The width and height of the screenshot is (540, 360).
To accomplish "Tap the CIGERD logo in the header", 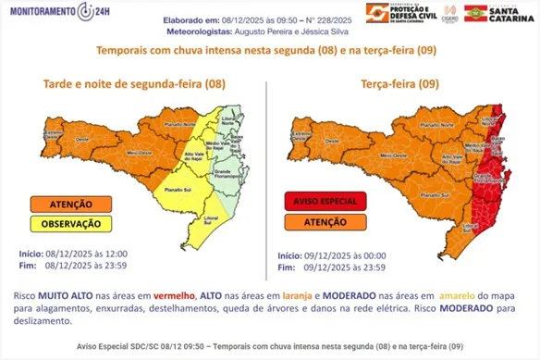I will click(x=451, y=13).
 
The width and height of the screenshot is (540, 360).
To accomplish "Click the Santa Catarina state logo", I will click(x=499, y=12).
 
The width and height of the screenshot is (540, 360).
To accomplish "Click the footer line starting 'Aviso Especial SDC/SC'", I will click(x=270, y=344).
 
